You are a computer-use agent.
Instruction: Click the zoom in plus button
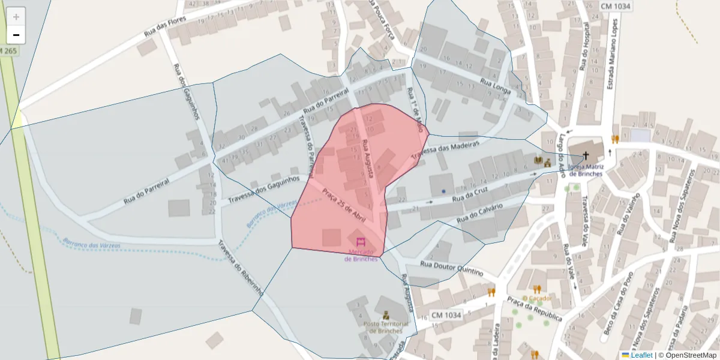(x=16, y=17)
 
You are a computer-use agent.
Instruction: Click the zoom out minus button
(x=16, y=35)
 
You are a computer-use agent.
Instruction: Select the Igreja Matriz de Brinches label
(x=585, y=170)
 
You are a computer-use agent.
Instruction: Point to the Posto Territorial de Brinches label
(x=386, y=327)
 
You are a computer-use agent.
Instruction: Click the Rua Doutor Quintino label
(x=451, y=266)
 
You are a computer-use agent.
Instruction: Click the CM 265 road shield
(x=9, y=51)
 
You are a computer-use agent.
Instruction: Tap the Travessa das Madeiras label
(x=445, y=152)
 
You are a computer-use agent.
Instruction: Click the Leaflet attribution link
(x=641, y=355)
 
